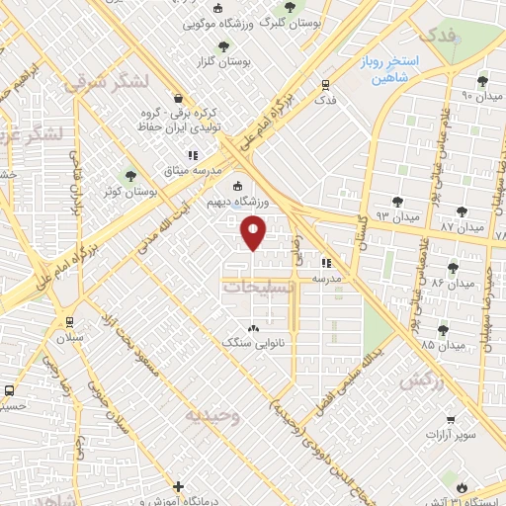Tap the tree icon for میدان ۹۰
[482, 81]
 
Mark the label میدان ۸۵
[444, 345]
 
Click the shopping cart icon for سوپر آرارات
[450, 420]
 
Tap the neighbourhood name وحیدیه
[211, 416]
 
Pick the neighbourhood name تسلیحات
[258, 288]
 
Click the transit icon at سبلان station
[67, 321]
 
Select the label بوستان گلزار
[251, 61]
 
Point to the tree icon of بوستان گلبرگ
[289, 6]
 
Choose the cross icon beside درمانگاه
[178, 486]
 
